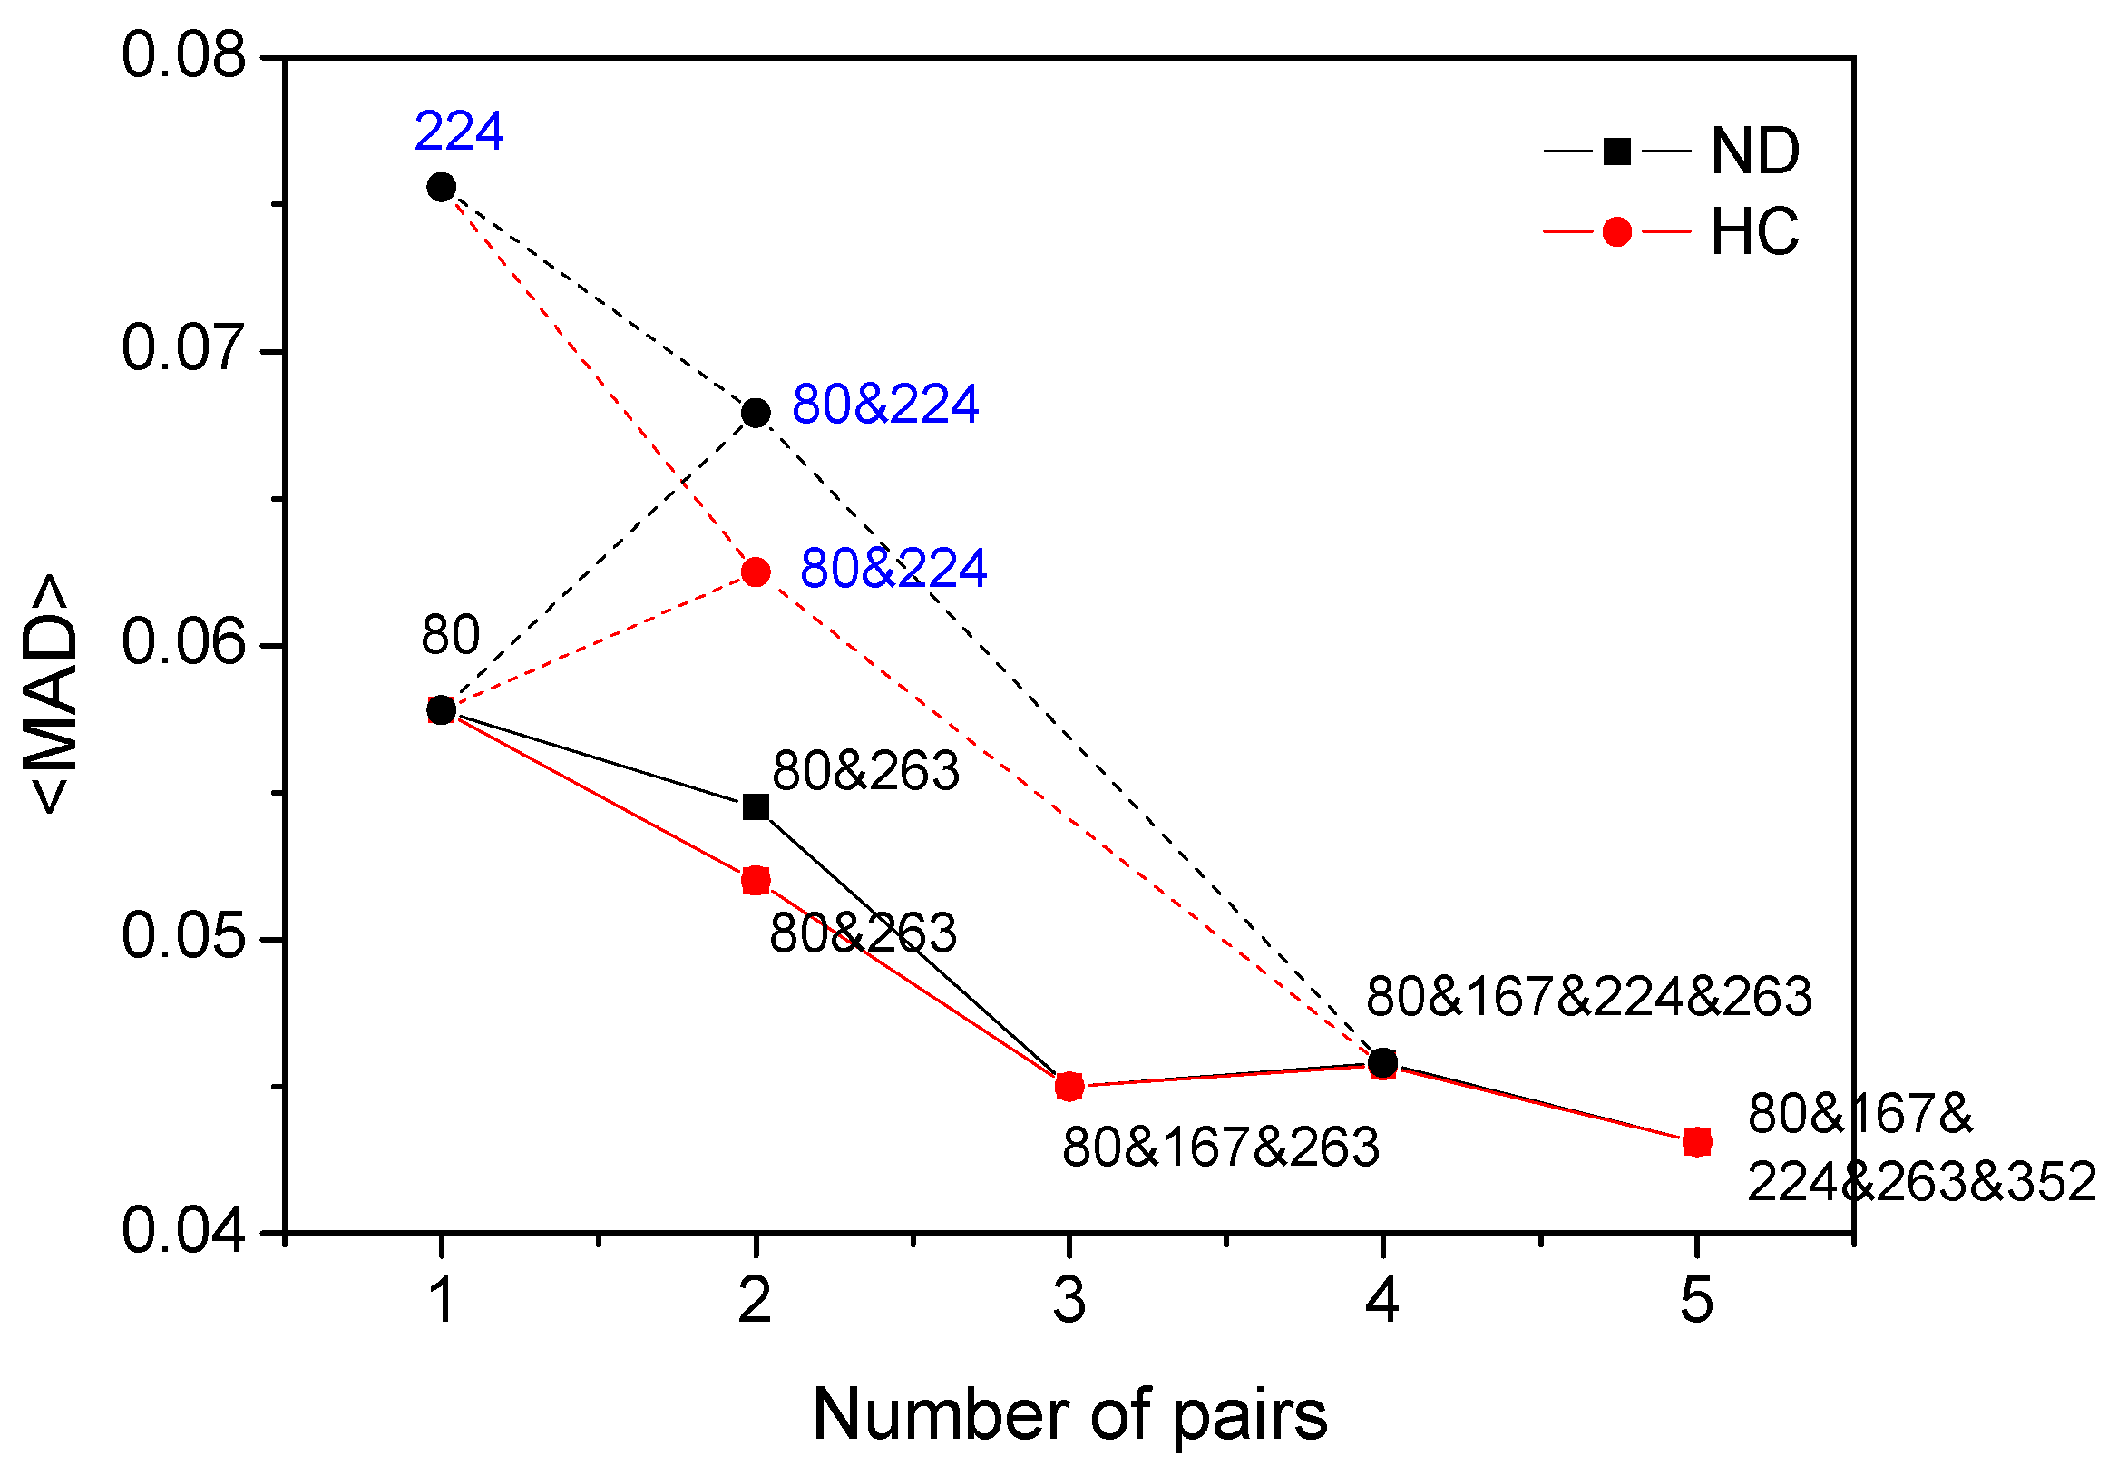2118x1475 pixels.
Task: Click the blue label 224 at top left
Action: (x=458, y=131)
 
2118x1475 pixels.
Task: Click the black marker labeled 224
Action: (x=441, y=187)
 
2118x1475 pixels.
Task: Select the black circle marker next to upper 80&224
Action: (x=756, y=413)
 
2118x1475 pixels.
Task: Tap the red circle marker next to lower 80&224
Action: (x=756, y=571)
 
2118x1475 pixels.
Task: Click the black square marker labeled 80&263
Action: (x=756, y=807)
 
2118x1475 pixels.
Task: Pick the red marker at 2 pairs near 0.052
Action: (x=756, y=880)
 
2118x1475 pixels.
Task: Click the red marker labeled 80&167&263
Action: (x=1069, y=1087)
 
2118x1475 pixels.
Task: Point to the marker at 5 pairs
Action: (x=1697, y=1142)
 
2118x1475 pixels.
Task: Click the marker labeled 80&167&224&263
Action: (x=1381, y=1062)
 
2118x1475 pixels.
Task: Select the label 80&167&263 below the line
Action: (x=1220, y=1148)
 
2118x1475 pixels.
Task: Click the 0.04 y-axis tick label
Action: (x=183, y=1231)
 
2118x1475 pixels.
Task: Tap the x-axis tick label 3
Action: (x=1069, y=1301)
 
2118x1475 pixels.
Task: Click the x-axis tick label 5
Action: (x=1696, y=1301)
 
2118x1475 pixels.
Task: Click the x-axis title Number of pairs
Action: (x=1069, y=1415)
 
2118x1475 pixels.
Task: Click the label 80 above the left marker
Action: (x=450, y=636)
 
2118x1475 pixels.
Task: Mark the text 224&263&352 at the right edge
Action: (x=1920, y=1182)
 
